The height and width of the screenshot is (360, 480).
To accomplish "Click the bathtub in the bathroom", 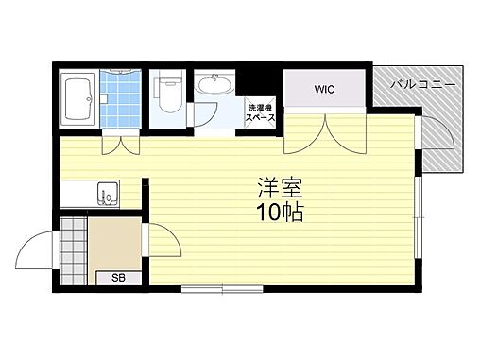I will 77,98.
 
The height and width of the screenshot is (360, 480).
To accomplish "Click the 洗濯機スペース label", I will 260,112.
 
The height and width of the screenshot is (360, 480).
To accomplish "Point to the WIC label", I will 325,91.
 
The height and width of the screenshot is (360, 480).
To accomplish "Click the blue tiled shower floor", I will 121,101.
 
